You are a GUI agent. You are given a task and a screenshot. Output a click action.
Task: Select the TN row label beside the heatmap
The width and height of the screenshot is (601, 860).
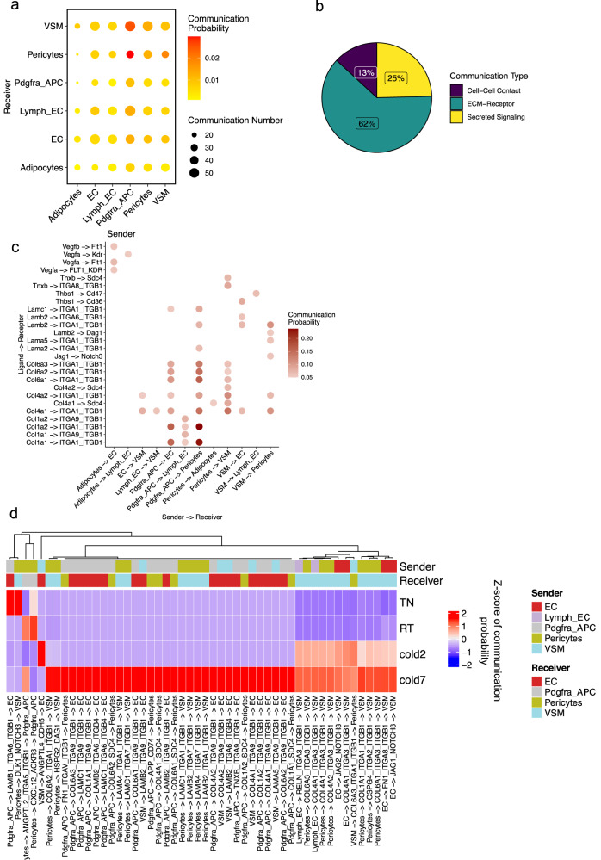tap(407, 603)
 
